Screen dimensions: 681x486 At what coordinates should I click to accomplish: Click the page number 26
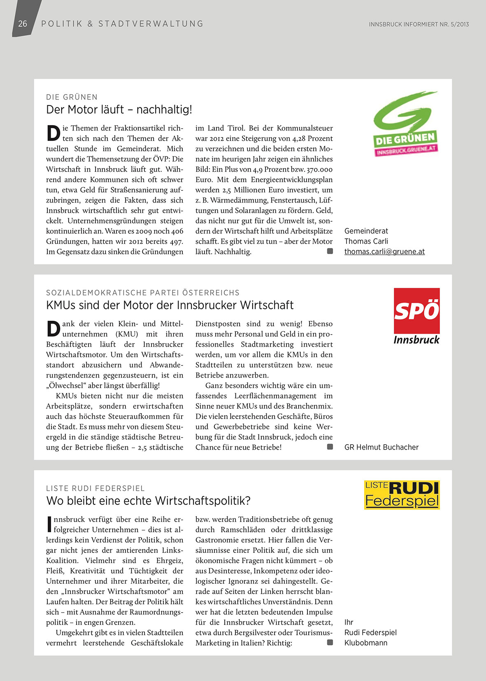pos(23,24)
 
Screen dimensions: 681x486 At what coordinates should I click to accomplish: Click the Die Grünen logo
pos(405,124)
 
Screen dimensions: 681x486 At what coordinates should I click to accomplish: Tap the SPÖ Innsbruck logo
pos(416,316)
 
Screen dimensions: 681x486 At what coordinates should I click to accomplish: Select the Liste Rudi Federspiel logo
pos(402,494)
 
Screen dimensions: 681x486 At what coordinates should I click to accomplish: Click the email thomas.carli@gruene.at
pos(384,252)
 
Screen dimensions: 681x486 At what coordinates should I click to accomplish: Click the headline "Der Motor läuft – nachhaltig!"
pos(119,110)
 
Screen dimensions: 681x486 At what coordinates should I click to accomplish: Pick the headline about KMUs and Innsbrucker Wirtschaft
pos(170,305)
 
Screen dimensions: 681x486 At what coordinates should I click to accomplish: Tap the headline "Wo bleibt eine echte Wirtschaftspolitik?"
pos(148,501)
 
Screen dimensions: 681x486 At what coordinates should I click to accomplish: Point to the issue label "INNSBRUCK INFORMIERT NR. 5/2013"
pos(419,24)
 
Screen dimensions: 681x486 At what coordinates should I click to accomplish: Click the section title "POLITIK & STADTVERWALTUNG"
pos(122,24)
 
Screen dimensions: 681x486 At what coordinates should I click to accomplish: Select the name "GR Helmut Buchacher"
pos(381,447)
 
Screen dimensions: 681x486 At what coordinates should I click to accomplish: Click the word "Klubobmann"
pos(366,643)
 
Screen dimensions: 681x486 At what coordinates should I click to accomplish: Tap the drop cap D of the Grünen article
pos(53,133)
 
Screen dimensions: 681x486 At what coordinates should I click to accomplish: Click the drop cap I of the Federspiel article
pos(49,524)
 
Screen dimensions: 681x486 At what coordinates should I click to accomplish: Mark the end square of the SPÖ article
pos(330,447)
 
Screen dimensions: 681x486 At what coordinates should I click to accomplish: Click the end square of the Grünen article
pos(330,251)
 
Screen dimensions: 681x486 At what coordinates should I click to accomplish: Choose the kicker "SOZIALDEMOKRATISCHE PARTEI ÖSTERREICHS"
pos(142,293)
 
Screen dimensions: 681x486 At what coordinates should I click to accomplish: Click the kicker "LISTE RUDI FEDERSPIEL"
pos(95,488)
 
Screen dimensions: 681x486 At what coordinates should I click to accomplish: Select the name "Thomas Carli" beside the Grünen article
pos(366,241)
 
